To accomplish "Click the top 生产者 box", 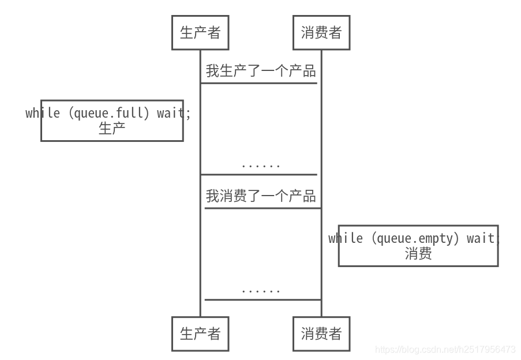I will tap(200, 33).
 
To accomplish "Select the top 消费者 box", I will tap(321, 33).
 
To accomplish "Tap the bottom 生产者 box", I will tap(200, 333).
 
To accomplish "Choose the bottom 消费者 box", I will tap(321, 333).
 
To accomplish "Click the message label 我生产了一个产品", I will tap(261, 71).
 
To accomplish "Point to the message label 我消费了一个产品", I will tap(261, 196).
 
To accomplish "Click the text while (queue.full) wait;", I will tap(108, 113).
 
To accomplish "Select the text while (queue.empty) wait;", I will tap(413, 238).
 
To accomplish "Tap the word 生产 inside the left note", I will tap(112, 128).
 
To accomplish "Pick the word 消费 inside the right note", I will tap(418, 253).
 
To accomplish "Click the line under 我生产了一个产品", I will tap(259, 83).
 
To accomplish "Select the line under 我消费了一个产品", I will tap(263, 208).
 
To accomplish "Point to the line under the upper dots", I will tap(259, 174).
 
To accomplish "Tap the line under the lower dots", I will tap(263, 299).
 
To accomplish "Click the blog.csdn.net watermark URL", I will tap(445, 350).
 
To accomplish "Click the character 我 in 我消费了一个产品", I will tap(212, 196).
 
